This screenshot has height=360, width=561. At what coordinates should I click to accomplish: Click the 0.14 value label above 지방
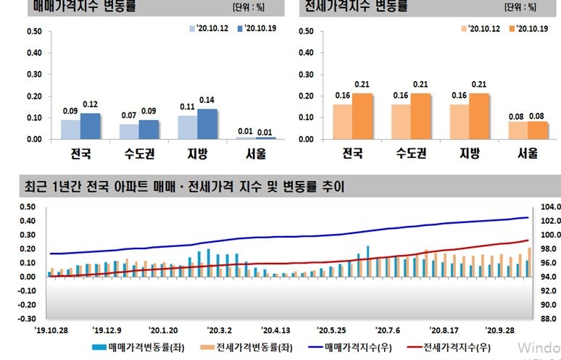[207, 100]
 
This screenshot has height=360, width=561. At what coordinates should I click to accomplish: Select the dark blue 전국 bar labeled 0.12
[90, 126]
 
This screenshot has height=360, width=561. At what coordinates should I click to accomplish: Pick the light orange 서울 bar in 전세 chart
[518, 130]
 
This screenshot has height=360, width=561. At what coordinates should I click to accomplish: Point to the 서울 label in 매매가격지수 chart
[256, 154]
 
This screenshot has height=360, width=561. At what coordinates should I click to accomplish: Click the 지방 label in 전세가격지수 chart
[470, 154]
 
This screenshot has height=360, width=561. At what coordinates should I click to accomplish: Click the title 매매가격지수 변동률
[84, 7]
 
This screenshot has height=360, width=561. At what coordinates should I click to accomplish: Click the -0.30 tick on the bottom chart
[27, 318]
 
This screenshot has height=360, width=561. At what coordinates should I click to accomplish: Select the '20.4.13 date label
[275, 327]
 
